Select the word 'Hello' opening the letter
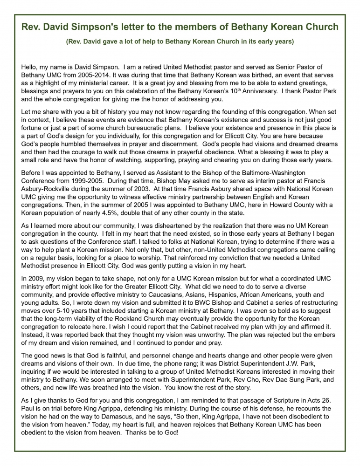click(x=31, y=68)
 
